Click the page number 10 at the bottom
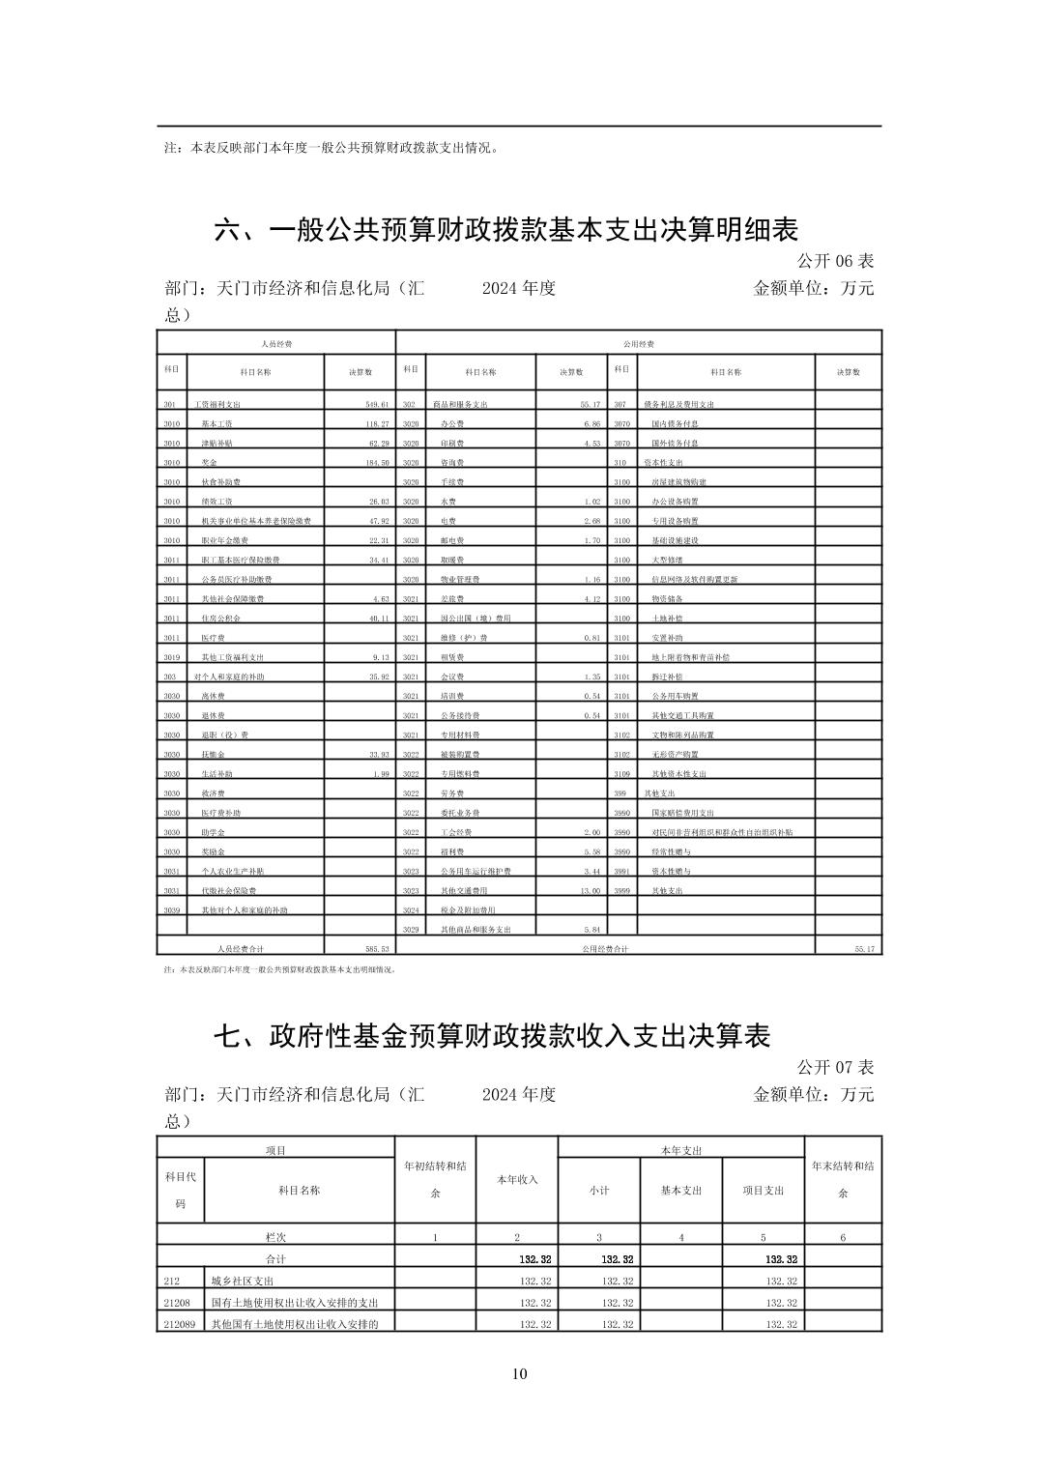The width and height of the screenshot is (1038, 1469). tap(519, 1374)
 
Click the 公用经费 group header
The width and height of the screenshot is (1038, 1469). tap(638, 343)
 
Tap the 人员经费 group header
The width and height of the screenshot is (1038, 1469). tap(276, 343)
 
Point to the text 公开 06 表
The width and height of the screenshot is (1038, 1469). tap(835, 261)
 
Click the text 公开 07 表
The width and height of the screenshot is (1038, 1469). tap(835, 1067)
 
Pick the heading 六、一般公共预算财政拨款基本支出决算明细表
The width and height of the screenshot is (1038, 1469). tap(505, 230)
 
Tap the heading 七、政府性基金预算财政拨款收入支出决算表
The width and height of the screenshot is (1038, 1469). tap(492, 1036)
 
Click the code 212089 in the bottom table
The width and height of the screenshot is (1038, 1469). tap(180, 1323)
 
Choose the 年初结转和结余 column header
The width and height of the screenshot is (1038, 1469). tap(435, 1179)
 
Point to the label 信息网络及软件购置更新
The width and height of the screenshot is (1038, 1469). tap(694, 580)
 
